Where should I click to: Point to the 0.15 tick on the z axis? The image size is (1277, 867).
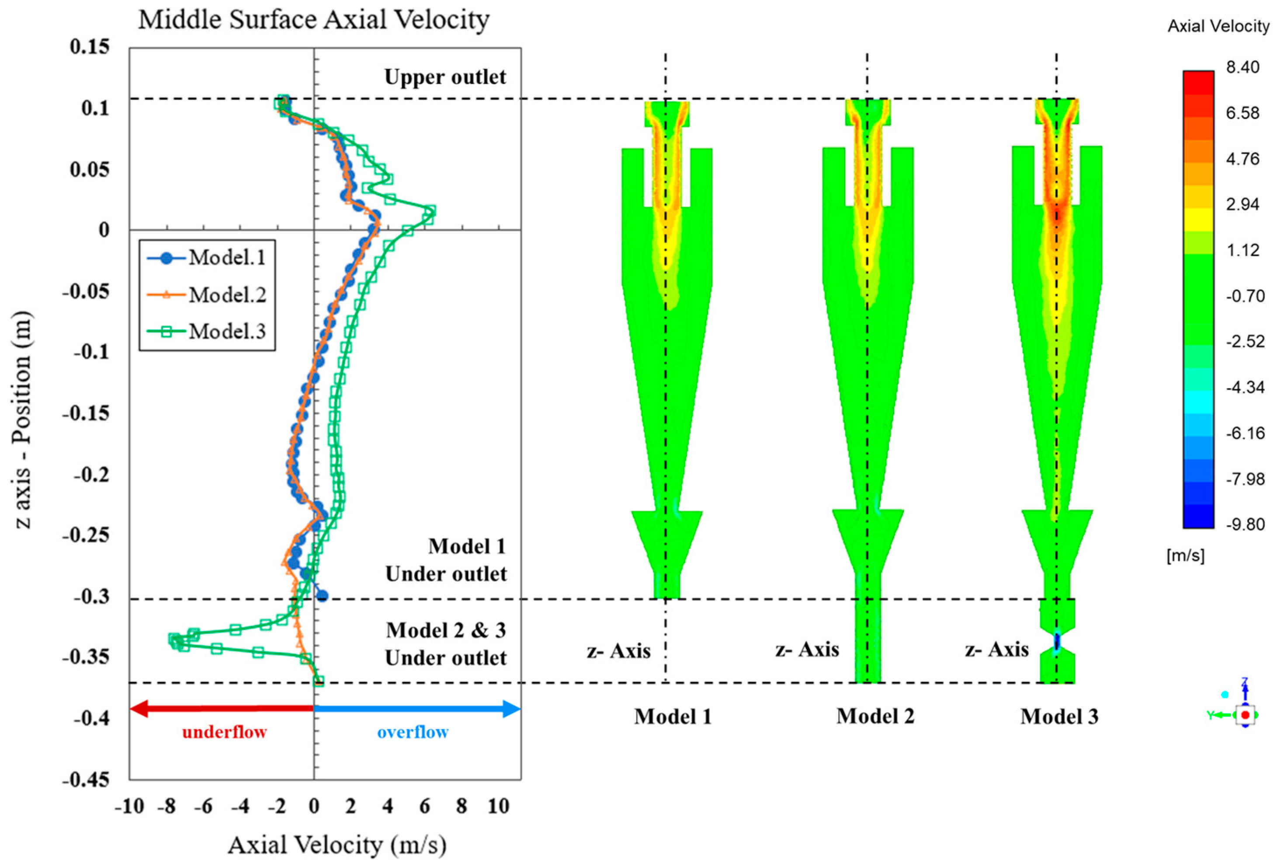(89, 47)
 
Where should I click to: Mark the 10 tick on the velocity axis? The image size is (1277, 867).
(498, 807)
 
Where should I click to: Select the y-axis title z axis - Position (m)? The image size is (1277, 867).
(23, 420)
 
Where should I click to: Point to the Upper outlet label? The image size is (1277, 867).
(445, 77)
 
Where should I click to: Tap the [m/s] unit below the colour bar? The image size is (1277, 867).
(1185, 556)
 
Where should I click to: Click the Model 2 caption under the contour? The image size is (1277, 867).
(875, 717)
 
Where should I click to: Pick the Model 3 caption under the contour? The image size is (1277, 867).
(1059, 717)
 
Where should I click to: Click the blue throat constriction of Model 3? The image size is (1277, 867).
(1057, 641)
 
